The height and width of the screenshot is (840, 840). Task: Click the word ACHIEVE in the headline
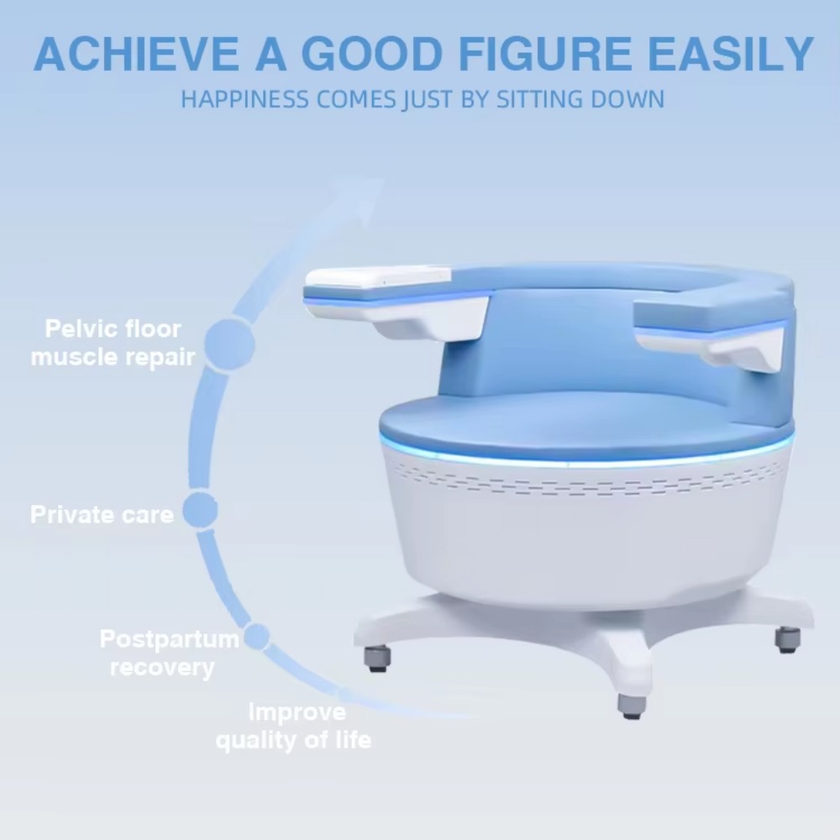[x=136, y=54]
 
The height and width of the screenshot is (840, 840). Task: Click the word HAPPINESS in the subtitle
[x=244, y=100]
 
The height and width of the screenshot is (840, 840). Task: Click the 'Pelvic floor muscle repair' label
[x=113, y=343]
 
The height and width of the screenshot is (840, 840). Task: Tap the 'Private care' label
[x=102, y=514]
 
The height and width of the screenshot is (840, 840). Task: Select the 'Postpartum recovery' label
[x=169, y=653]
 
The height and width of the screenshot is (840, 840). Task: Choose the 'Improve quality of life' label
[x=293, y=726]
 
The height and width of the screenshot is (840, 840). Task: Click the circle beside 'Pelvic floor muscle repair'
[x=230, y=344]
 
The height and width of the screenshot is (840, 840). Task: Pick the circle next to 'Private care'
[x=200, y=511]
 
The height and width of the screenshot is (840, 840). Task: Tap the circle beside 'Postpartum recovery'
[x=258, y=637]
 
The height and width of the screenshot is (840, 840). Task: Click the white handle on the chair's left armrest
[x=377, y=276]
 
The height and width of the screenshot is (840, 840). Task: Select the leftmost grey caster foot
[x=378, y=659]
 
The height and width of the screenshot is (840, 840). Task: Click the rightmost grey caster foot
[x=788, y=639]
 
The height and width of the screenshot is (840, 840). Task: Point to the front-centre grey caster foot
[x=632, y=706]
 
